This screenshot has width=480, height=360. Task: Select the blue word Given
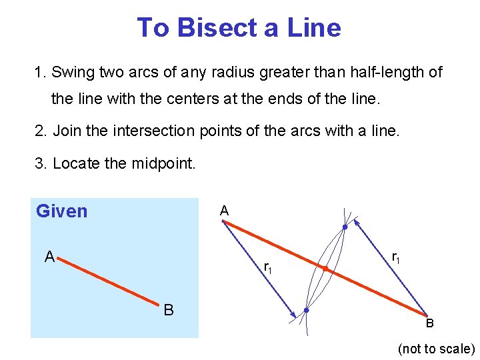(62, 211)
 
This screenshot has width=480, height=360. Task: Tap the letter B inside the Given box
(169, 310)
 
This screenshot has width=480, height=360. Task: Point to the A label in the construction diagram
(225, 211)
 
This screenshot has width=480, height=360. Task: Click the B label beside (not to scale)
(430, 323)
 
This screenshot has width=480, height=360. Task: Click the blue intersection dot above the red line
(345, 227)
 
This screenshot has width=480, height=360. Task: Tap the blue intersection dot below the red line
(306, 311)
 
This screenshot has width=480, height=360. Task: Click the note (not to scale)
(436, 349)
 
